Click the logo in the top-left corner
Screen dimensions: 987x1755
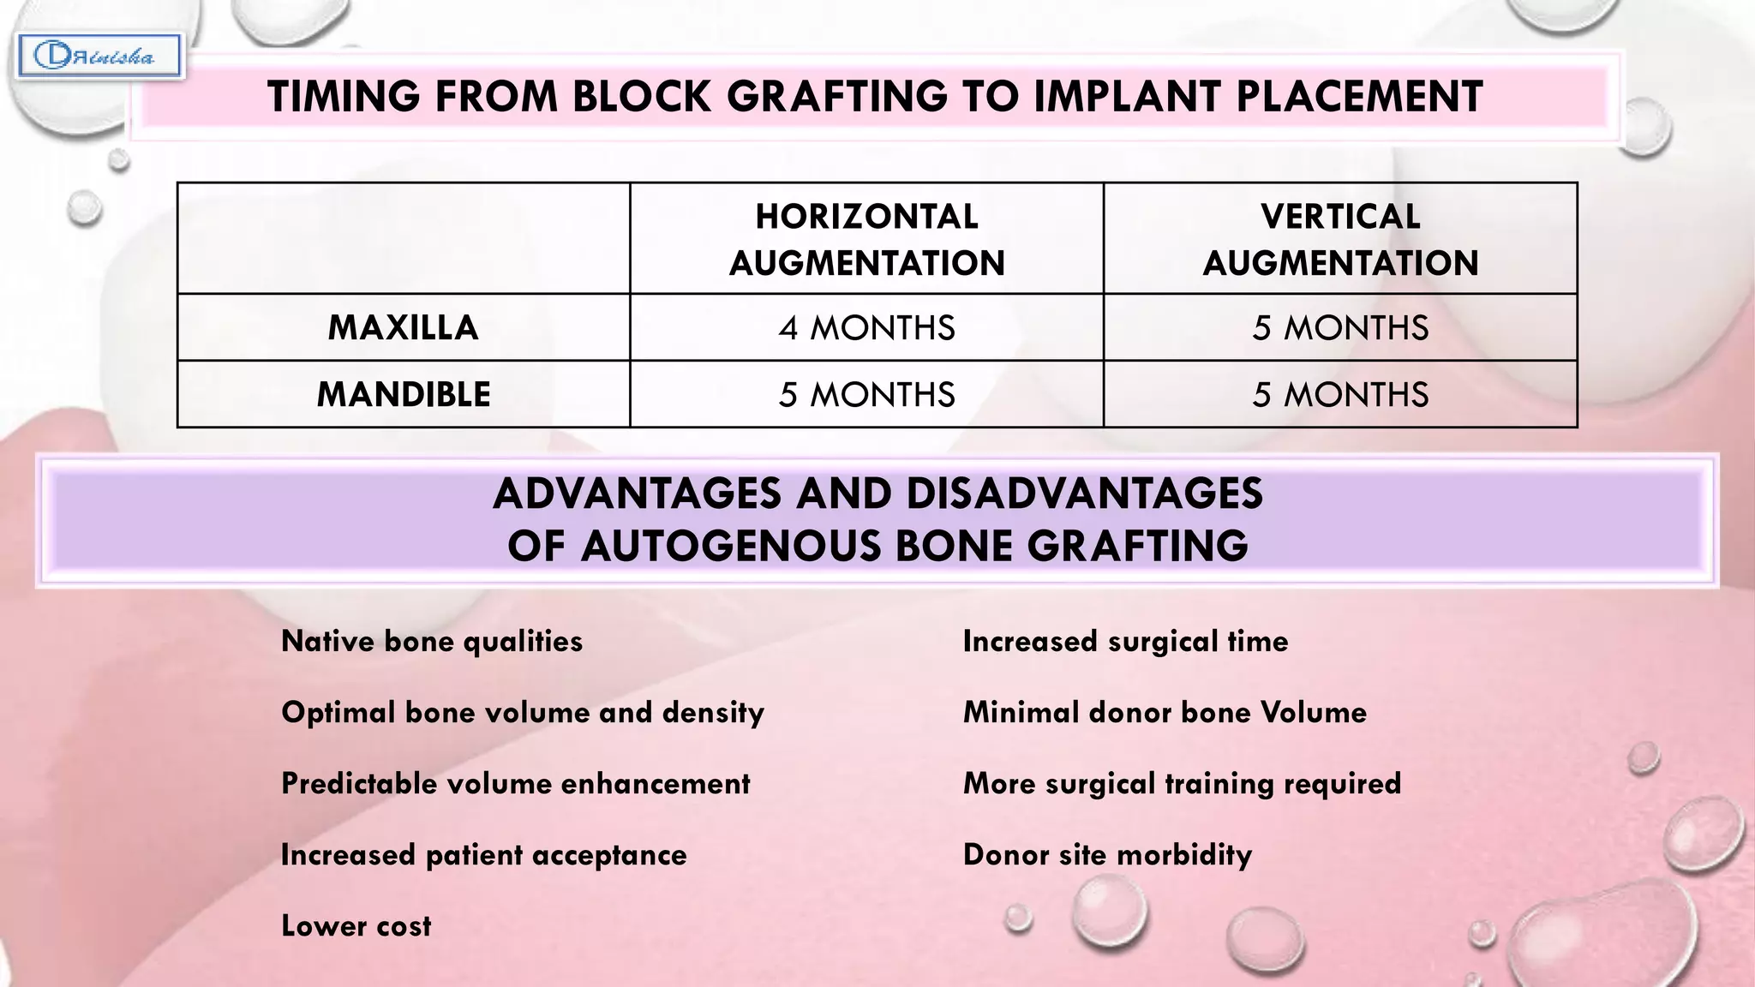98,57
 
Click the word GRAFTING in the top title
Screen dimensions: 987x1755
837,96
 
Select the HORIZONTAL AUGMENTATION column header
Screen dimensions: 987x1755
866,239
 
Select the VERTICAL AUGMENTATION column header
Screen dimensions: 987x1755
1340,239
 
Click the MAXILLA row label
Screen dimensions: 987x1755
403,327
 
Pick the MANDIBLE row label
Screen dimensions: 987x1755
403,394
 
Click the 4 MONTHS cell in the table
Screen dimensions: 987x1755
866,327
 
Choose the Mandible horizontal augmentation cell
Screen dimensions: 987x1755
866,394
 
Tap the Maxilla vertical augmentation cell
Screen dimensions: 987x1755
1340,327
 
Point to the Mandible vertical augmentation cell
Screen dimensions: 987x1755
1340,394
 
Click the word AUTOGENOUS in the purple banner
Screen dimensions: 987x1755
731,546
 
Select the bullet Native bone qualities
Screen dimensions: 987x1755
432,641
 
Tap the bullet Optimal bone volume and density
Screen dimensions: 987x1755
523,712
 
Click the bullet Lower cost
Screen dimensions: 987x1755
356,925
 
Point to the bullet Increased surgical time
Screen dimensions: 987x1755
1125,641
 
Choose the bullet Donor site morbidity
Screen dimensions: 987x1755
1107,854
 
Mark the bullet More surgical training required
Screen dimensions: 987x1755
1182,783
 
